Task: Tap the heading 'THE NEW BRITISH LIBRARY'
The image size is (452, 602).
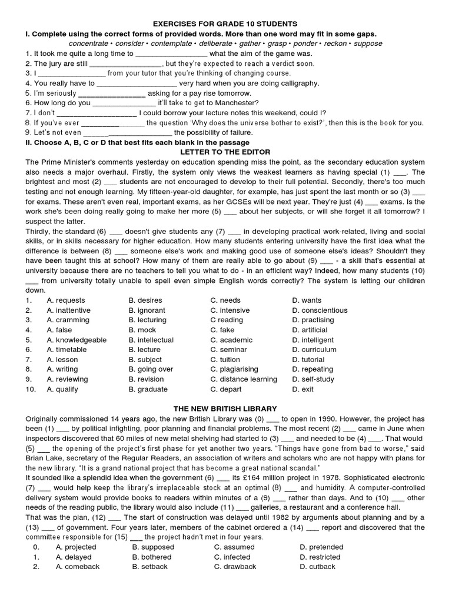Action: click(225, 409)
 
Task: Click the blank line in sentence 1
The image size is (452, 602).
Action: click(172, 53)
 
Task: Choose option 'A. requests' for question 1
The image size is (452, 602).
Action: click(65, 300)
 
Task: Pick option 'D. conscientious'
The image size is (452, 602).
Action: click(320, 310)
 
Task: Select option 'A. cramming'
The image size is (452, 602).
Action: click(68, 320)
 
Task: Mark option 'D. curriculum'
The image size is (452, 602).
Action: click(314, 350)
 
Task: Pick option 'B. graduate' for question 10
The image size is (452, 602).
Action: click(148, 389)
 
